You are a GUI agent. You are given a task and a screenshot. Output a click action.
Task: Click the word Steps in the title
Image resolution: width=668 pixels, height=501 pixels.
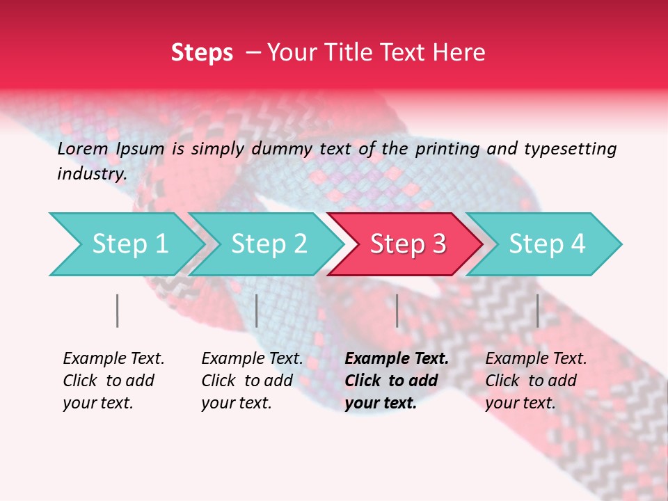202,53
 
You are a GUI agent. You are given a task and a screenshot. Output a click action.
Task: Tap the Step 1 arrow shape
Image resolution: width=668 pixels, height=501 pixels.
125,244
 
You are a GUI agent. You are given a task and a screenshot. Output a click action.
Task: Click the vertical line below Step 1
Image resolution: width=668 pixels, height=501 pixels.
118,310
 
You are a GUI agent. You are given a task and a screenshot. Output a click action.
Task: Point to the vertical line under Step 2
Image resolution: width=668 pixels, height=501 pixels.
257,310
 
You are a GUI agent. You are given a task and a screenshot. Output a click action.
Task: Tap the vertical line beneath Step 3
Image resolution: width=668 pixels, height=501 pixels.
397,310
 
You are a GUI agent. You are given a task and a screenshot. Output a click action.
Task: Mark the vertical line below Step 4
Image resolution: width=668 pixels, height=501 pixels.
537,310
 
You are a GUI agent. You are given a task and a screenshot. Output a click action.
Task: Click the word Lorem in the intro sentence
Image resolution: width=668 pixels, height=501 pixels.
83,148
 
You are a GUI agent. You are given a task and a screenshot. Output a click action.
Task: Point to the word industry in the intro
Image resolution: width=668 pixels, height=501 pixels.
91,174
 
